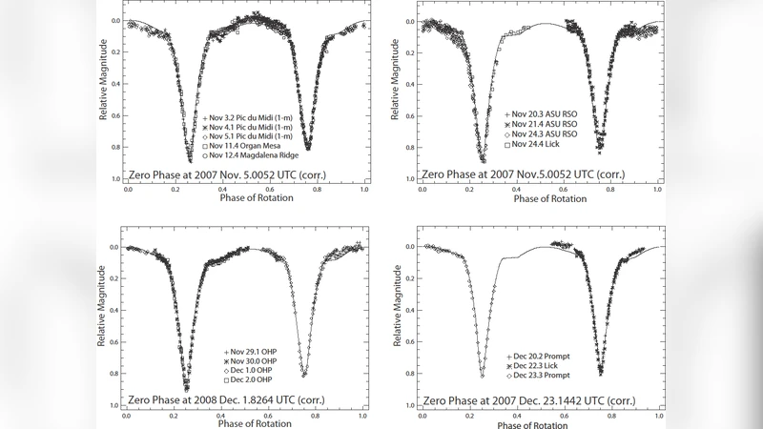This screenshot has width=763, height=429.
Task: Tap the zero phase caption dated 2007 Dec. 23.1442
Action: pos(534,401)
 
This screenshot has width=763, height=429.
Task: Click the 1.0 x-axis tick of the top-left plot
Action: pos(363,189)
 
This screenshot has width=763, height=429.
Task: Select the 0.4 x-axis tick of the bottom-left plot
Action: pos(221,417)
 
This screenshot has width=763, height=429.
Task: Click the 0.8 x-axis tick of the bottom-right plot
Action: pos(599,417)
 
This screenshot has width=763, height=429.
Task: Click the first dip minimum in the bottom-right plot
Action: pos(482,377)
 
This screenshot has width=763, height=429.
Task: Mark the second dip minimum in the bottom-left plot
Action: pos(303,375)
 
